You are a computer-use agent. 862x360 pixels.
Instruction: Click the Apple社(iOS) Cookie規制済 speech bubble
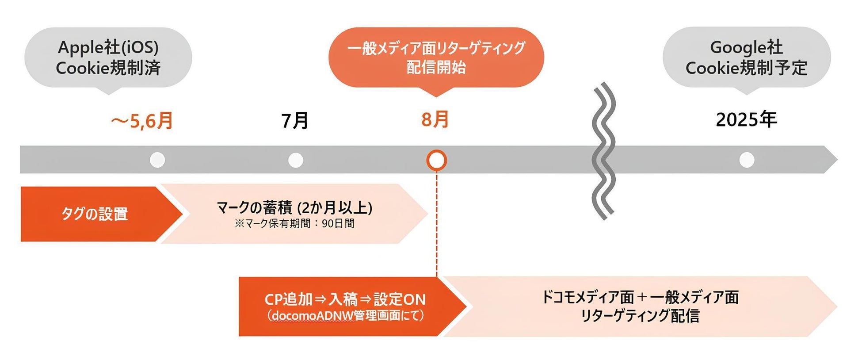pyautogui.click(x=108, y=57)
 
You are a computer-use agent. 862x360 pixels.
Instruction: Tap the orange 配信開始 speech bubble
pyautogui.click(x=436, y=57)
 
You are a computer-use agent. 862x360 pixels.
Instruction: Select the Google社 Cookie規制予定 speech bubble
pyautogui.click(x=746, y=57)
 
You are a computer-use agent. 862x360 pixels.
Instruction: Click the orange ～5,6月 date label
pyautogui.click(x=142, y=121)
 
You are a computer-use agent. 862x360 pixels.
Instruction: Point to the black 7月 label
pyautogui.click(x=295, y=121)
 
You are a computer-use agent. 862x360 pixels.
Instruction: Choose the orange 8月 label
pyautogui.click(x=435, y=119)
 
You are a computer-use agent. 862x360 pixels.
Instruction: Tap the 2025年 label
pyautogui.click(x=746, y=119)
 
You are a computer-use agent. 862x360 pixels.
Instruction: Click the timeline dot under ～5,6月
pyautogui.click(x=157, y=160)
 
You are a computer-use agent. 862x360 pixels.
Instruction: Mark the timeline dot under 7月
pyautogui.click(x=296, y=160)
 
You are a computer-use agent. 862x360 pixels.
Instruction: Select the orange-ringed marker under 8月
pyautogui.click(x=436, y=160)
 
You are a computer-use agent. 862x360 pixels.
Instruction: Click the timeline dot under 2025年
pyautogui.click(x=747, y=160)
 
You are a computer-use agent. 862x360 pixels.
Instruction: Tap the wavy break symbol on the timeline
pyautogui.click(x=603, y=150)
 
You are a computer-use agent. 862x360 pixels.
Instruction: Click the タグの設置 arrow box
pyautogui.click(x=95, y=214)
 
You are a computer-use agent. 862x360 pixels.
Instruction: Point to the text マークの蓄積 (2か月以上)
pyautogui.click(x=294, y=207)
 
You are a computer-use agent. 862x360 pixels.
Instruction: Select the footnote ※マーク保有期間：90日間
pyautogui.click(x=294, y=223)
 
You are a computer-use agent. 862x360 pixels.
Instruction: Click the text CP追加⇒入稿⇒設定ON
pyautogui.click(x=345, y=299)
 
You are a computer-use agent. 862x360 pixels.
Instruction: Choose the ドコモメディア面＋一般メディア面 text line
pyautogui.click(x=640, y=297)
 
